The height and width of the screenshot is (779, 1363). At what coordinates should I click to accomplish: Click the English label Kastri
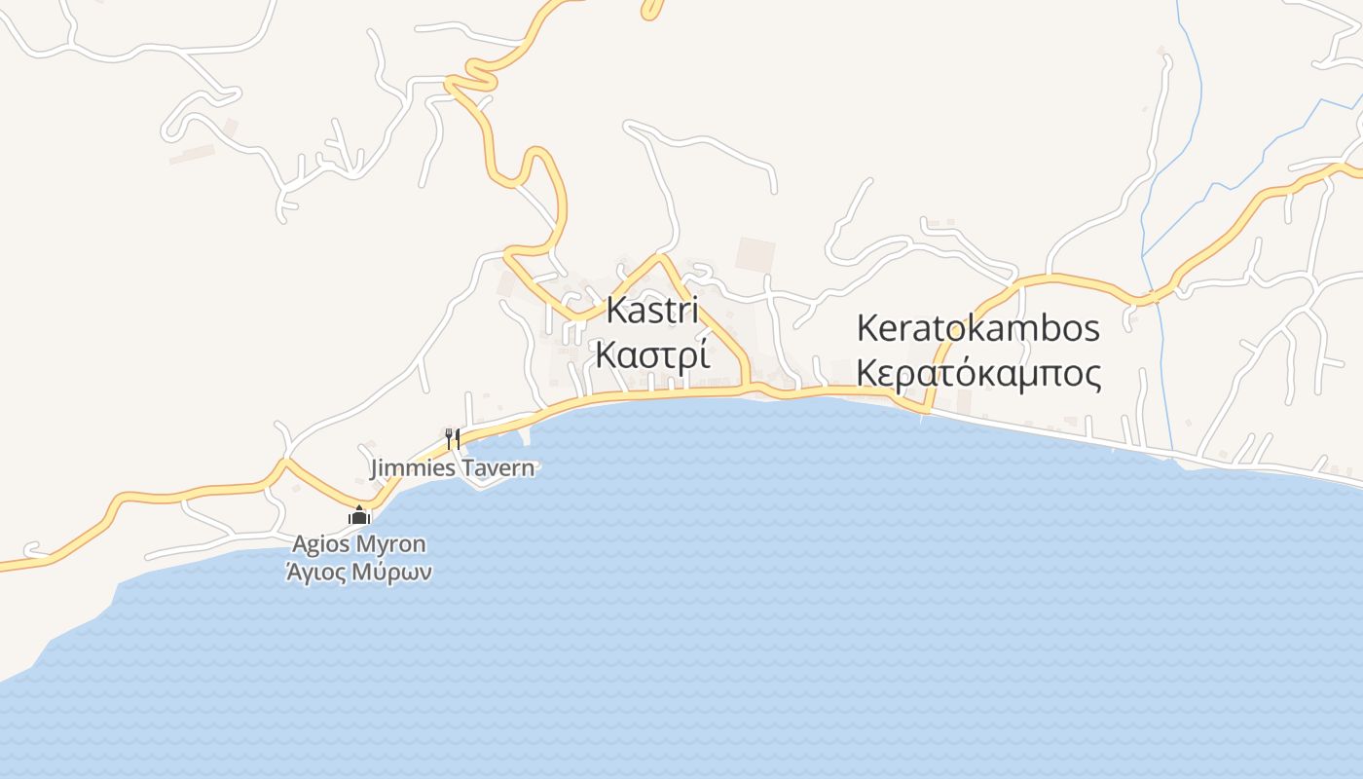pos(652,312)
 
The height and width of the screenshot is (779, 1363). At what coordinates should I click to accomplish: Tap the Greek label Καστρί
pos(651,355)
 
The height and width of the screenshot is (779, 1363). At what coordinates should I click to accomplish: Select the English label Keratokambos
pos(977,328)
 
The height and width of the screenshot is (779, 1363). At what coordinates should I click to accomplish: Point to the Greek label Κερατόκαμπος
pos(977,374)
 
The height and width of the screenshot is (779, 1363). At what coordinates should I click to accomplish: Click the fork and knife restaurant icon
pos(452,438)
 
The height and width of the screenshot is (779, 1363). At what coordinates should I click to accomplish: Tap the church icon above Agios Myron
pos(359,516)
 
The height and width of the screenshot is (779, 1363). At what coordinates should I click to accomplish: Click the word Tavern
pos(497,468)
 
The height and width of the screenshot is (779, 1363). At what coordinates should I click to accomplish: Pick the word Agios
pos(319,545)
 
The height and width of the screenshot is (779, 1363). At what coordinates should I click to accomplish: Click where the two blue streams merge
pos(1143,255)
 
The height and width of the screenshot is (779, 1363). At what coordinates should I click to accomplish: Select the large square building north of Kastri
pos(755,254)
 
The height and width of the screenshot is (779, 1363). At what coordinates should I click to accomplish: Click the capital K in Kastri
pos(615,312)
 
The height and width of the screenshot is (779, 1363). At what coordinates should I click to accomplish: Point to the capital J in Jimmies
pos(375,468)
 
